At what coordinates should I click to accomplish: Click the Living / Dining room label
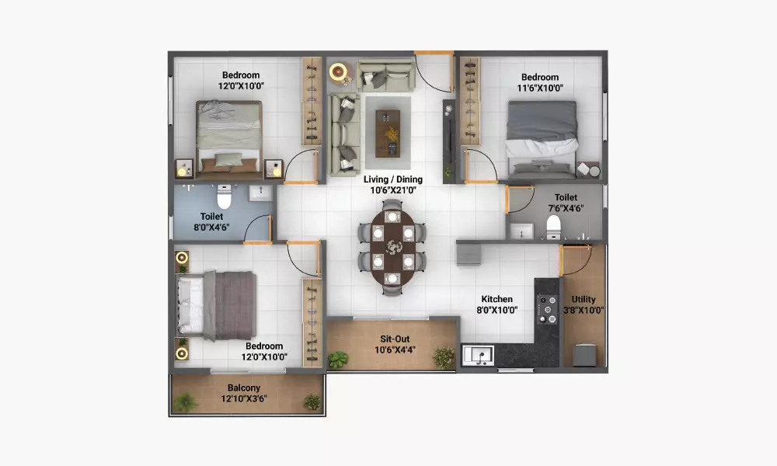(x=393, y=179)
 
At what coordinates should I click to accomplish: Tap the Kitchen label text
(x=497, y=299)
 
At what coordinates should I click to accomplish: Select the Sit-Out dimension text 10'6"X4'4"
(x=395, y=350)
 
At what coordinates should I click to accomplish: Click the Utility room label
(x=584, y=299)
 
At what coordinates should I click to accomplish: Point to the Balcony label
(x=244, y=388)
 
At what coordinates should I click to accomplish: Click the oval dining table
(x=392, y=248)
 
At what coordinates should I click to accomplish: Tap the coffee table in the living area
(x=388, y=134)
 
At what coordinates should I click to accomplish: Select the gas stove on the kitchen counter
(x=548, y=310)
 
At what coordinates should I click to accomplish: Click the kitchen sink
(x=478, y=355)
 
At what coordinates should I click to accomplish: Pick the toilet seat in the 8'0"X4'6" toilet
(x=224, y=196)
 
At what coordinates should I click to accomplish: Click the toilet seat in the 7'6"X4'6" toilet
(x=553, y=228)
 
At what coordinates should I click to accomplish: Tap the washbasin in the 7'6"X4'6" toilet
(x=521, y=231)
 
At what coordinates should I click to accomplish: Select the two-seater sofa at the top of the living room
(x=386, y=76)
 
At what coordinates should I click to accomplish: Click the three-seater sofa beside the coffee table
(x=344, y=134)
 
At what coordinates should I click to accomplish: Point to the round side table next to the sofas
(x=339, y=71)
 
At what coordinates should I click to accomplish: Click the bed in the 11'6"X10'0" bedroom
(x=542, y=140)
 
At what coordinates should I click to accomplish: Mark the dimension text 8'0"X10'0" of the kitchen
(x=497, y=310)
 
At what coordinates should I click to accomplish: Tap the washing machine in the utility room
(x=585, y=355)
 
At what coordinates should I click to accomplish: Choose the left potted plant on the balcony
(x=185, y=402)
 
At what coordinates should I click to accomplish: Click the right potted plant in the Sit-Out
(x=444, y=357)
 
